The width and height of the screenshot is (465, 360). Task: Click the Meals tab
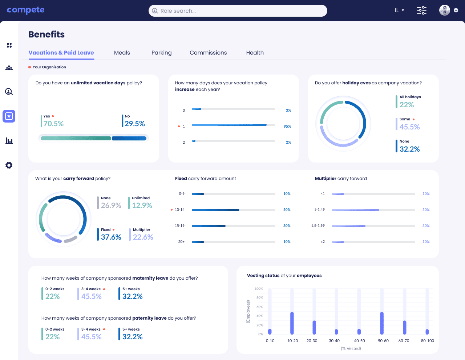[x=122, y=53]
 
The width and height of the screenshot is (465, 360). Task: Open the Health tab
[x=255, y=53]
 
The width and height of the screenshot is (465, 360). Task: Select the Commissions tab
[x=208, y=53]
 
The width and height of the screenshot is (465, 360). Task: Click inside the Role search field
[x=238, y=11]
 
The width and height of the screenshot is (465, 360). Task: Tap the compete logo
[x=25, y=10]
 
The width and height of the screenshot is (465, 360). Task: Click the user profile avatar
[x=444, y=10]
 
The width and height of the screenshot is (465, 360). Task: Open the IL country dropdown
[x=399, y=10]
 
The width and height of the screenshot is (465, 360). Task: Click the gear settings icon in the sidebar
[x=9, y=165]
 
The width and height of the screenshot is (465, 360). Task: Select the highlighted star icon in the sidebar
[x=9, y=116]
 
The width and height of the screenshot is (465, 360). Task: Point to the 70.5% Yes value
[x=53, y=124]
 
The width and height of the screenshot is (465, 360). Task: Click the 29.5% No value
[x=134, y=124]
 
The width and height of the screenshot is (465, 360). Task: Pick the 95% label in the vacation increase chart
[x=287, y=127]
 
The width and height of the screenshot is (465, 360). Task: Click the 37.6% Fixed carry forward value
[x=111, y=237]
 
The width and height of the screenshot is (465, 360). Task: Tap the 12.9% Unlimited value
[x=142, y=205]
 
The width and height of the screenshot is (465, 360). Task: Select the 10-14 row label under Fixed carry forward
[x=179, y=210]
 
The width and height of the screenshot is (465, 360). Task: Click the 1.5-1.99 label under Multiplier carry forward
[x=318, y=226]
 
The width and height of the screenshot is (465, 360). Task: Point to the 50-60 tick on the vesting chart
[x=383, y=341]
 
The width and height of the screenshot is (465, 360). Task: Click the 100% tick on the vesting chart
[x=259, y=289]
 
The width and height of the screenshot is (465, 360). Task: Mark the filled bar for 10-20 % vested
[x=292, y=323]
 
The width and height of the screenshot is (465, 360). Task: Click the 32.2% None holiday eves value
[x=409, y=149]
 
